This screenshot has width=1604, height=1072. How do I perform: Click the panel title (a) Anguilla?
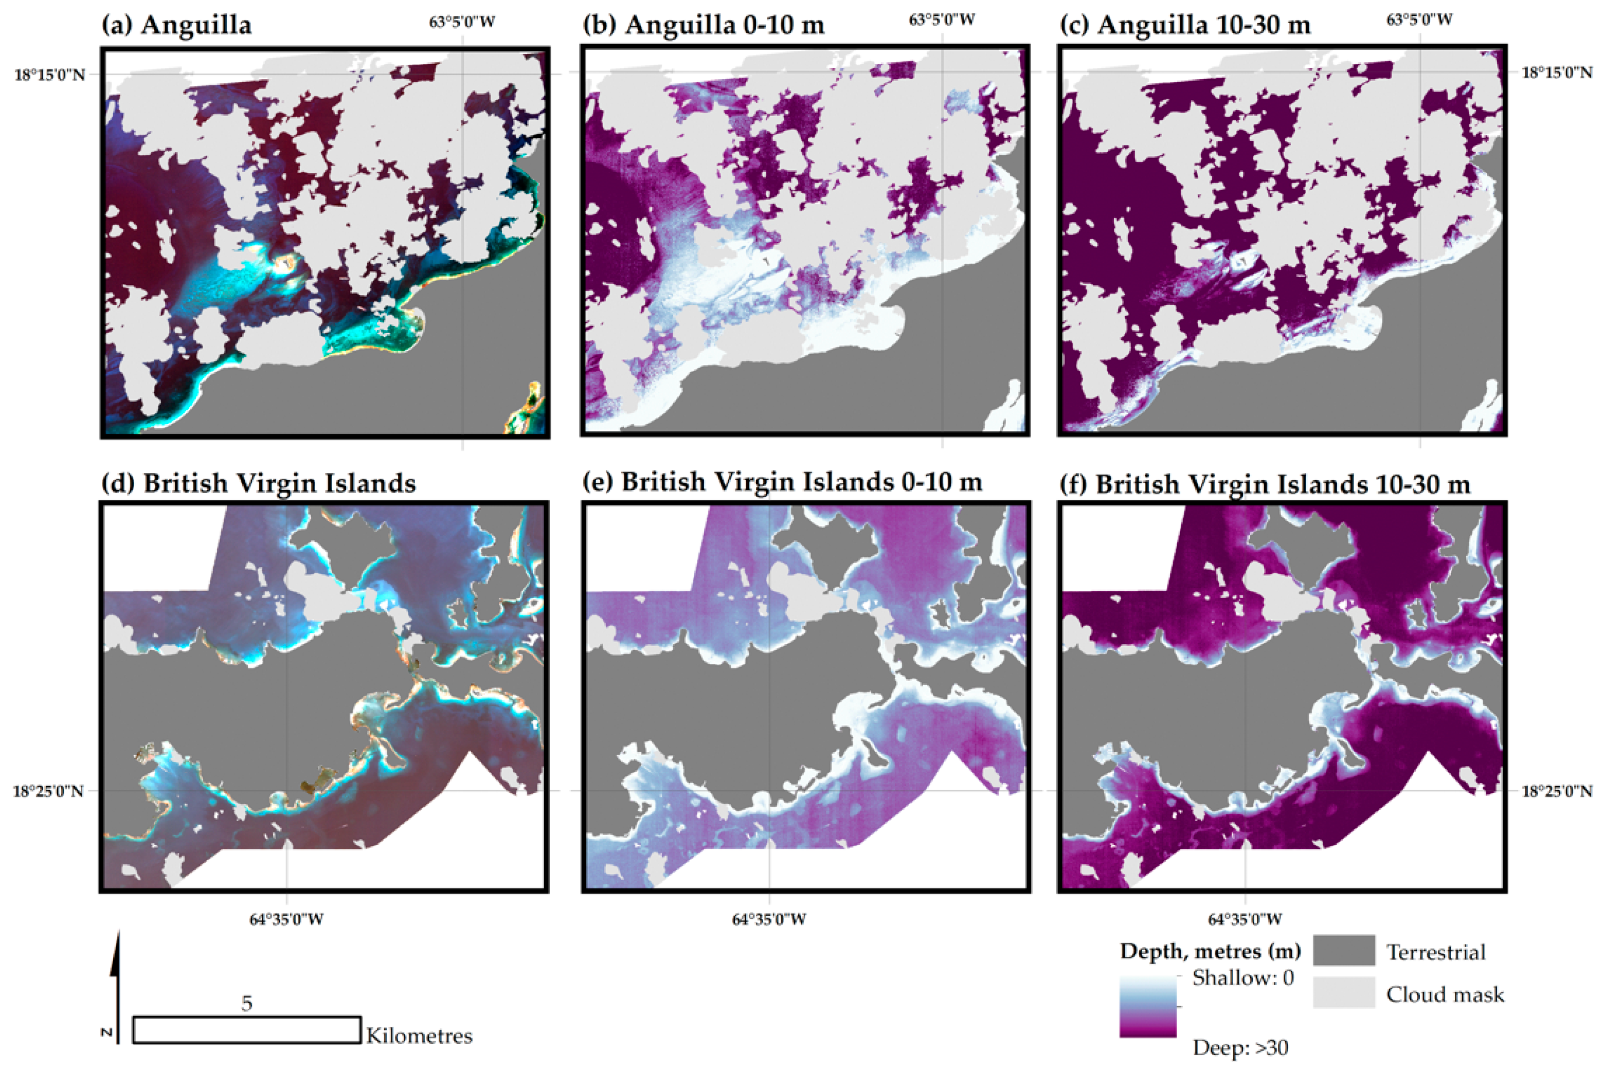[x=176, y=25]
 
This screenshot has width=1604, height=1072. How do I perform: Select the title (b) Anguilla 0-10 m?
[x=704, y=25]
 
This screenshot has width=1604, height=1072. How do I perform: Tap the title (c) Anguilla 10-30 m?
[x=1185, y=25]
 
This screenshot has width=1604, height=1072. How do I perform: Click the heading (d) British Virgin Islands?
[x=259, y=483]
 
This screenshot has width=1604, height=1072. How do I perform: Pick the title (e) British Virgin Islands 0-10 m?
[x=782, y=482]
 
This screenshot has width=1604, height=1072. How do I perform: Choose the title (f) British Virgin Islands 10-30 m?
[x=1265, y=484]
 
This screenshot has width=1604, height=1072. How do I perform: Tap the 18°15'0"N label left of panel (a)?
[x=50, y=75]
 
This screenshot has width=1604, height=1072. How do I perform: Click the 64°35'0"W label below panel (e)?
[x=769, y=919]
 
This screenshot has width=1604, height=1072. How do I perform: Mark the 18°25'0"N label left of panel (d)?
[x=48, y=791]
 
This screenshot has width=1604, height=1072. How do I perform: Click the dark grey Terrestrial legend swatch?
[x=1343, y=950]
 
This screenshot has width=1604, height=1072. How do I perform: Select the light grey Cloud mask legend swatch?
[x=1343, y=993]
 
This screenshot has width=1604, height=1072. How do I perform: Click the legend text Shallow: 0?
[x=1243, y=977]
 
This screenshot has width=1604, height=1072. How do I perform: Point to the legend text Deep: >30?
[x=1240, y=1047]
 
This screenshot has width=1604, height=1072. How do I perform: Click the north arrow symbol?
[x=117, y=985]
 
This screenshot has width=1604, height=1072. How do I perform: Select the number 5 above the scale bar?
[x=247, y=1004]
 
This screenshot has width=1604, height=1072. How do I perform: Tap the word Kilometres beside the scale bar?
[x=419, y=1036]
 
